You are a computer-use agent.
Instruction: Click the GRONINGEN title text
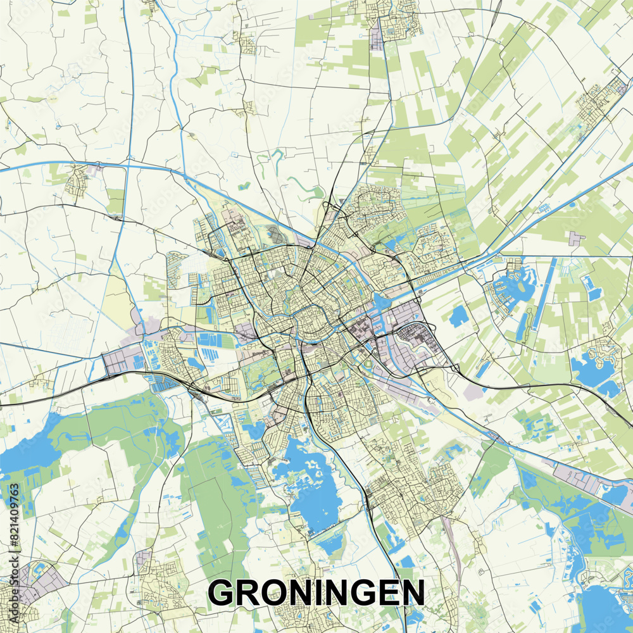pos(316,593)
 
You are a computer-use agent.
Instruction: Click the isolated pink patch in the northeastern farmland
pos(577,239)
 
